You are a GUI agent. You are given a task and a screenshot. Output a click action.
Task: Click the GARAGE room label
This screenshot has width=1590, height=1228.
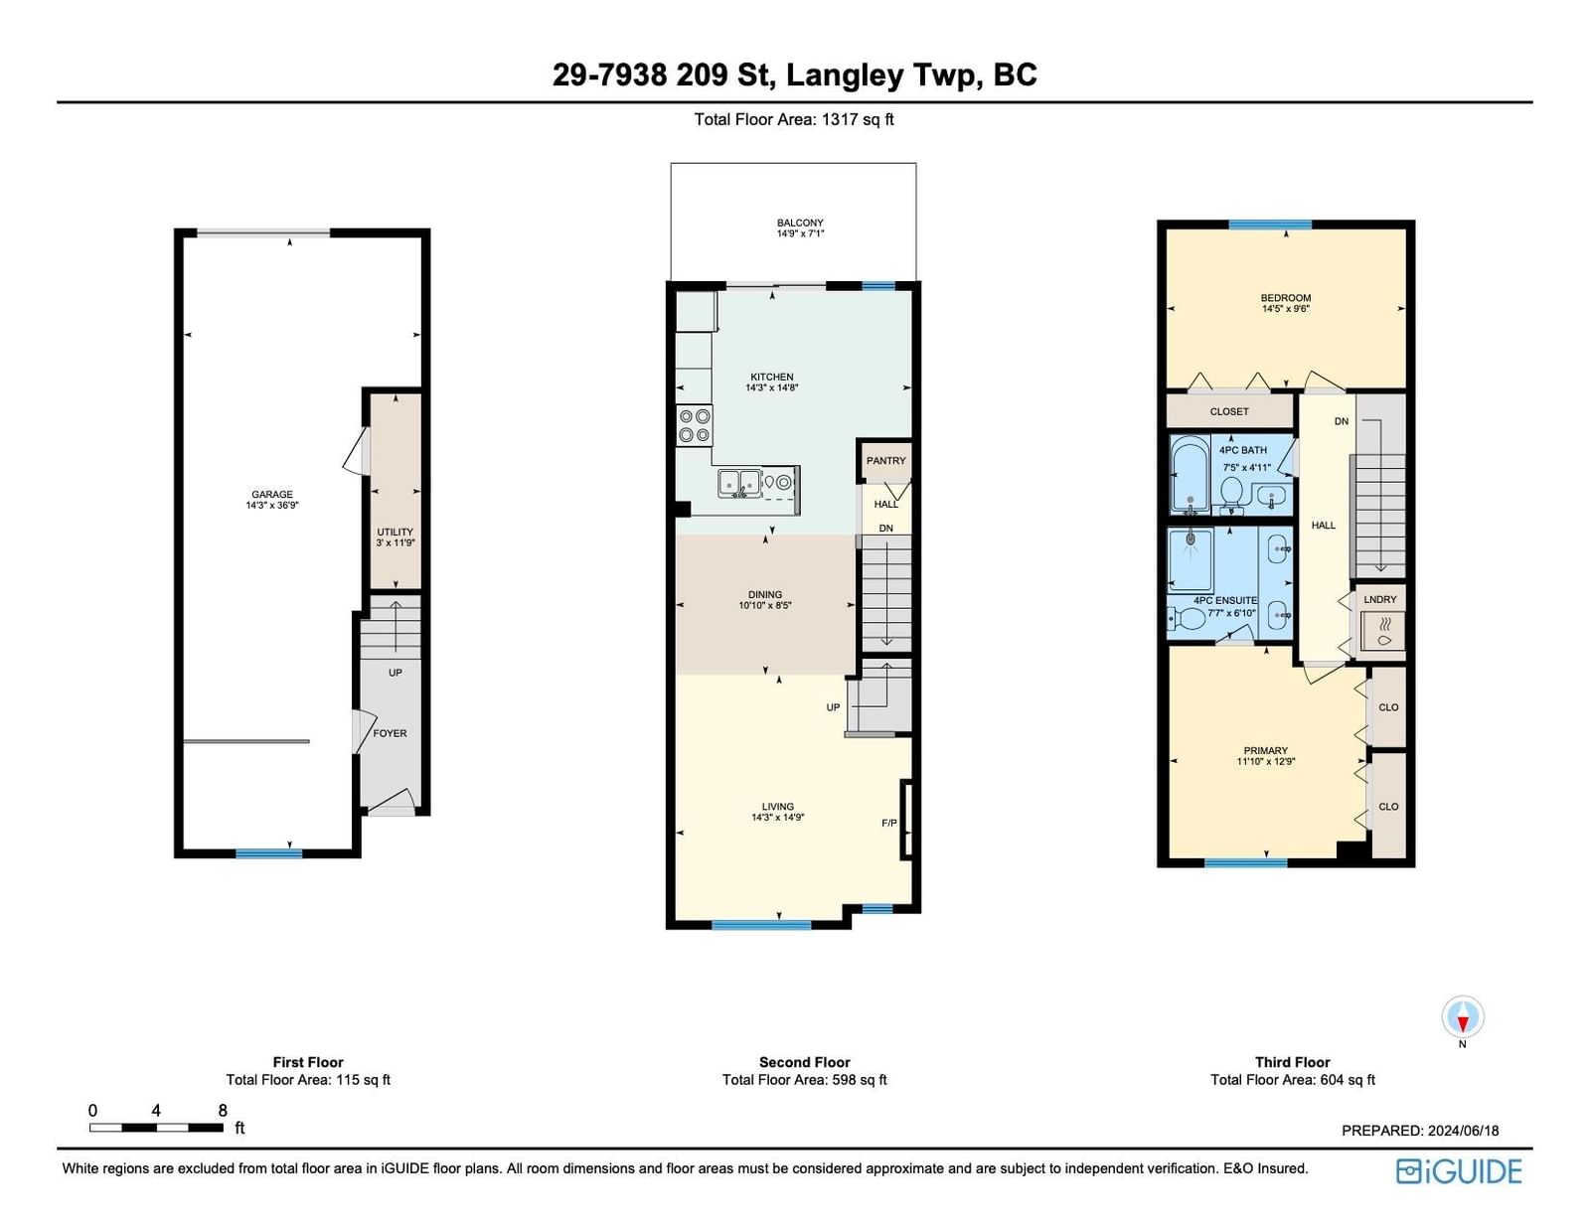271,495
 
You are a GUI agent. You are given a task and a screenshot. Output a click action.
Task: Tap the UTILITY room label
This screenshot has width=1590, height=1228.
396,532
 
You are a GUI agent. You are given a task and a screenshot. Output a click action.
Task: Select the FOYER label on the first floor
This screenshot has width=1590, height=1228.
390,733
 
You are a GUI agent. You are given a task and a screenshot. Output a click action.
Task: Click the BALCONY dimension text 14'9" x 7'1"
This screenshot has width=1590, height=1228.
801,234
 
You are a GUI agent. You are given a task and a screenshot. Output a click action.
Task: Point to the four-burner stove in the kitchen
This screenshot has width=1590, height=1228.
695,425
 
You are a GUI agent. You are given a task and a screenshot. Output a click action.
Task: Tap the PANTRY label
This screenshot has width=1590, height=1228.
886,461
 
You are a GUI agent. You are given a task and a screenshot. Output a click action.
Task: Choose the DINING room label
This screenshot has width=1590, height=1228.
765,594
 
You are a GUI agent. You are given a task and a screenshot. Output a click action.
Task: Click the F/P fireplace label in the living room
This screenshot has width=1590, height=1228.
889,823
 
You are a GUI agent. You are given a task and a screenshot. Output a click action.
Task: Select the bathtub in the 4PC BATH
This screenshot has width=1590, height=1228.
1190,473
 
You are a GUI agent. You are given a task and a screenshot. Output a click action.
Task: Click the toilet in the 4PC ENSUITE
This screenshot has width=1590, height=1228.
1187,620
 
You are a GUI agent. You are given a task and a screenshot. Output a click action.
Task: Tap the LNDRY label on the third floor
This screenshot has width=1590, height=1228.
1380,599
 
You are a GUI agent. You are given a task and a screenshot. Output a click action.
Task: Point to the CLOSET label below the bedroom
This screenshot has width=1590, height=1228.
1229,411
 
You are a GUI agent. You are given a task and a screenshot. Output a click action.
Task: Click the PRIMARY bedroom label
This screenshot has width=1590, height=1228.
1266,750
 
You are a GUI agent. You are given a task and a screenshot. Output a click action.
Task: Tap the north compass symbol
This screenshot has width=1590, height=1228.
1463,1016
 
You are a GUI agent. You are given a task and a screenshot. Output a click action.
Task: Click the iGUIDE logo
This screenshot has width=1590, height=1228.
1460,1171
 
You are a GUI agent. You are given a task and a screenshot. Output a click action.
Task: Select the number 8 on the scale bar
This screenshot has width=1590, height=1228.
223,1110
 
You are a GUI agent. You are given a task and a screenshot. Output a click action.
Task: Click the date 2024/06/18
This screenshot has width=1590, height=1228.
1463,1130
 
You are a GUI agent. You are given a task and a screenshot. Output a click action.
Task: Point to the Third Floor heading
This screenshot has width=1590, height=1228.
1293,1062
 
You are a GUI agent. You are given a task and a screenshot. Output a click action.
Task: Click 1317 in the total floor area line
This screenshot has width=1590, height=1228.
840,119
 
